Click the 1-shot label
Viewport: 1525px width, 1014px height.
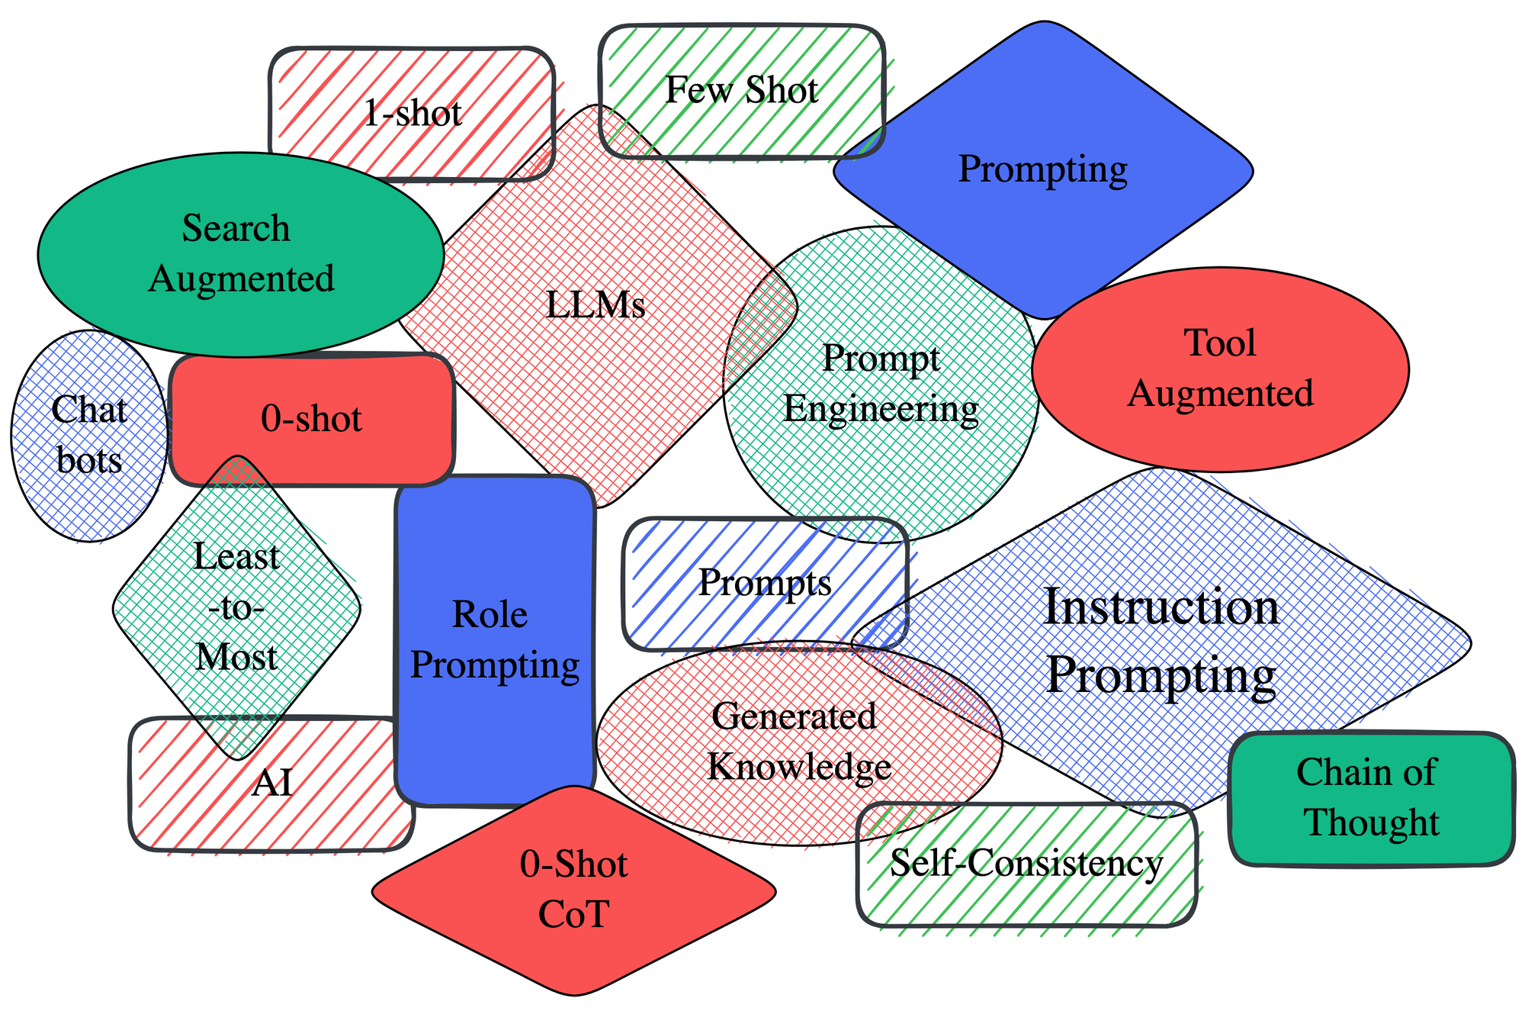[413, 114]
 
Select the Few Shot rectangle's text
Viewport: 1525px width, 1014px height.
[741, 90]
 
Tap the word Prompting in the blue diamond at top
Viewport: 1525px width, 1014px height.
[1042, 169]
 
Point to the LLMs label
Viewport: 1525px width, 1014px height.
[596, 305]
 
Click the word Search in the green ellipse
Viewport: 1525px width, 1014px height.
[236, 228]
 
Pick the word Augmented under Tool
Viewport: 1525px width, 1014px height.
[1220, 394]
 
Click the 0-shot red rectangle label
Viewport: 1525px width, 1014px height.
[311, 419]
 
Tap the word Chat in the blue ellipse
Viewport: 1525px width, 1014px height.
[89, 410]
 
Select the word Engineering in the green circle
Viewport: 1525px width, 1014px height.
[881, 409]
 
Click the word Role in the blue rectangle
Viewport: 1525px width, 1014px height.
[490, 614]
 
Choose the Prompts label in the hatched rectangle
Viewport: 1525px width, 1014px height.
[765, 583]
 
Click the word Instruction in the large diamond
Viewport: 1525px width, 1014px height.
[1161, 607]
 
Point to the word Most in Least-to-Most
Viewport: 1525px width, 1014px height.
[236, 657]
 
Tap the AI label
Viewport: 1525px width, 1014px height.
[272, 783]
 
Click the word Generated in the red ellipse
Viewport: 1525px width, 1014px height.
[794, 716]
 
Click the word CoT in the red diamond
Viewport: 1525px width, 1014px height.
[573, 914]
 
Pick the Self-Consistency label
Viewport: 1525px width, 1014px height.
[1026, 864]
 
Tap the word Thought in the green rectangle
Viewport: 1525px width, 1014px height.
[1372, 822]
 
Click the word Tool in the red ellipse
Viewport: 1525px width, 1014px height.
[1220, 343]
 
